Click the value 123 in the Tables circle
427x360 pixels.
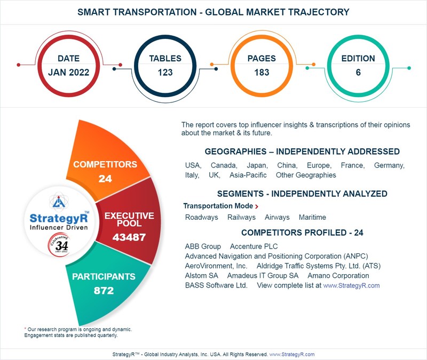(x=165, y=73)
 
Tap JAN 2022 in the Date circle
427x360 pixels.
(x=68, y=73)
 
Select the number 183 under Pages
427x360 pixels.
(x=262, y=73)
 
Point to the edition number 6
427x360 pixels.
(x=358, y=73)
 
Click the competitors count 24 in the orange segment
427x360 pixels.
(x=105, y=179)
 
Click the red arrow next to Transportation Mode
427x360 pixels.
(x=257, y=206)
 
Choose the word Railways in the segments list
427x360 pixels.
(x=241, y=218)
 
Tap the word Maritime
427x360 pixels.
(x=312, y=218)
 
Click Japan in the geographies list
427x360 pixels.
(x=257, y=165)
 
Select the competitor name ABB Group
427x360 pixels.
(x=203, y=246)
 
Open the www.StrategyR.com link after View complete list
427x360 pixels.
(x=351, y=285)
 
